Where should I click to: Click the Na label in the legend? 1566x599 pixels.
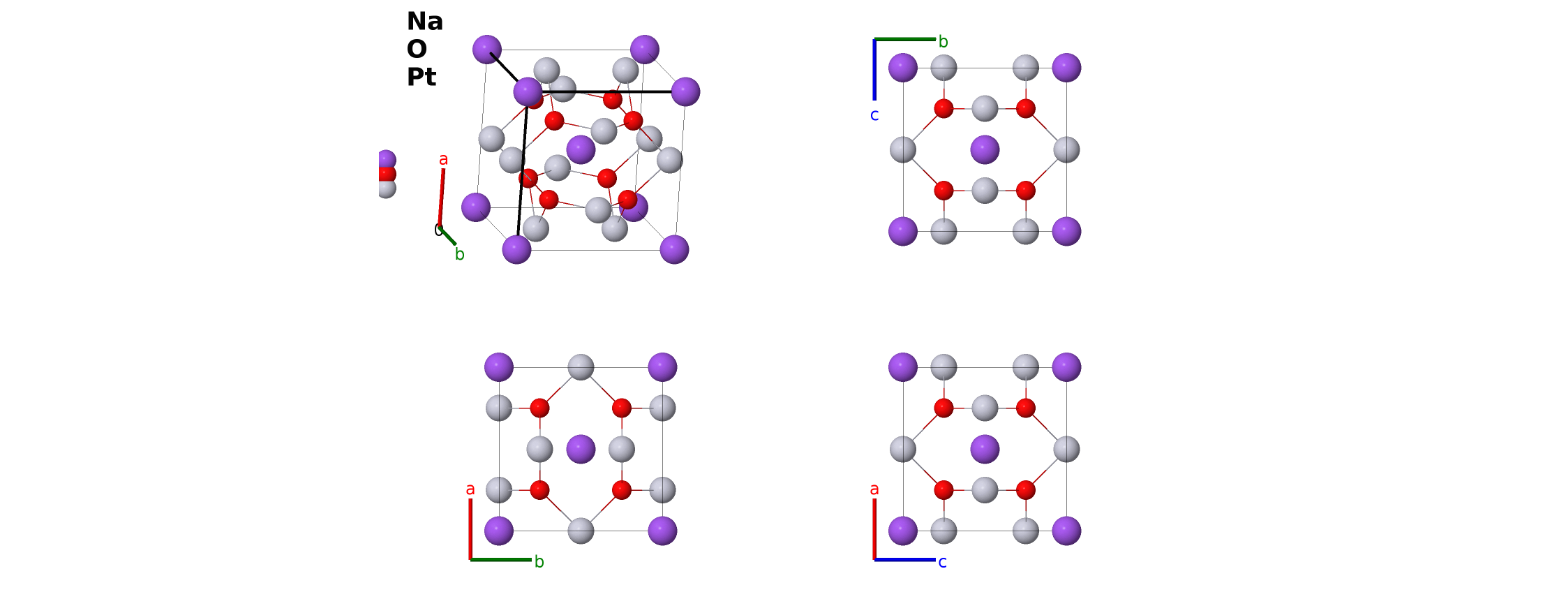click(x=424, y=22)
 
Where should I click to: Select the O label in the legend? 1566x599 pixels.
click(x=417, y=49)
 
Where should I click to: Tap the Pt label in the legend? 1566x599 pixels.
click(x=422, y=77)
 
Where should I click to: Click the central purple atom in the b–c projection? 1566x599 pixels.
click(x=985, y=149)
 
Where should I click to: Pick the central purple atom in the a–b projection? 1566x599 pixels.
click(x=581, y=449)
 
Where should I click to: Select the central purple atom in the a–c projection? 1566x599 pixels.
click(x=985, y=449)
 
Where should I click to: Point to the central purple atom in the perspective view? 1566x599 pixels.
click(x=581, y=149)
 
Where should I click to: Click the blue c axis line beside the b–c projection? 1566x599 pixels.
click(x=874, y=70)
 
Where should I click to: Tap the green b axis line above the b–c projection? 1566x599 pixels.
click(x=905, y=39)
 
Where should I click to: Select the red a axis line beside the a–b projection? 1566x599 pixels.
click(x=470, y=528)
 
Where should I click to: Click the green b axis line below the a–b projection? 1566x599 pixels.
click(x=501, y=559)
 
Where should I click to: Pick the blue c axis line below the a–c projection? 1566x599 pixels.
click(x=905, y=559)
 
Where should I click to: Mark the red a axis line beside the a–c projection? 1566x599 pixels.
click(x=874, y=528)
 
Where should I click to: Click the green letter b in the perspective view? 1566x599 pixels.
click(x=459, y=254)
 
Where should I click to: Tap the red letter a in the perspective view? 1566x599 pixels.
click(x=443, y=160)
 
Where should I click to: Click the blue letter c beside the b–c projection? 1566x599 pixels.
click(x=874, y=115)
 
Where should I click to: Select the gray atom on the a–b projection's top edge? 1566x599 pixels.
click(x=581, y=367)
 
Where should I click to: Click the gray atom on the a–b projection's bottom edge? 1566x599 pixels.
click(x=581, y=531)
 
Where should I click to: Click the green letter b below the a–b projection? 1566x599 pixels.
click(x=539, y=561)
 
